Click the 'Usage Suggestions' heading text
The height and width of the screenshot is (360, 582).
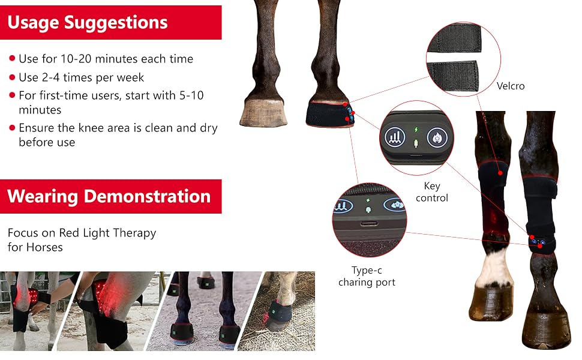pyautogui.click(x=88, y=22)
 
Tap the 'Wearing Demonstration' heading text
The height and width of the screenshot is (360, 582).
pyautogui.click(x=109, y=196)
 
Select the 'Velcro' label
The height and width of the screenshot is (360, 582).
pyautogui.click(x=511, y=86)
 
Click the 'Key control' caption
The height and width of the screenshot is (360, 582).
pyautogui.click(x=431, y=191)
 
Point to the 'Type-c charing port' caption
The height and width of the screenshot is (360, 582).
pyautogui.click(x=367, y=276)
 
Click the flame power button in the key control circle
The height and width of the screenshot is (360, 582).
pyautogui.click(x=437, y=137)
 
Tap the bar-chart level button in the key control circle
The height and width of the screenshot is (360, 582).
pyautogui.click(x=395, y=137)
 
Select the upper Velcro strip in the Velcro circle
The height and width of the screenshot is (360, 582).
pyautogui.click(x=455, y=38)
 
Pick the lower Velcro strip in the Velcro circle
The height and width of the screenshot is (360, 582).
pyautogui.click(x=454, y=76)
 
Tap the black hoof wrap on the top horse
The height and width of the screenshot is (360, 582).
pyautogui.click(x=329, y=115)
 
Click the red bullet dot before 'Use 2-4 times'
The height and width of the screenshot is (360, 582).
pyautogui.click(x=12, y=77)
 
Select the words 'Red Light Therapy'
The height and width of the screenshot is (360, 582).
pyautogui.click(x=107, y=233)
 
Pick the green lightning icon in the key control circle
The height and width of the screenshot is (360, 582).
pyautogui.click(x=416, y=130)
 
